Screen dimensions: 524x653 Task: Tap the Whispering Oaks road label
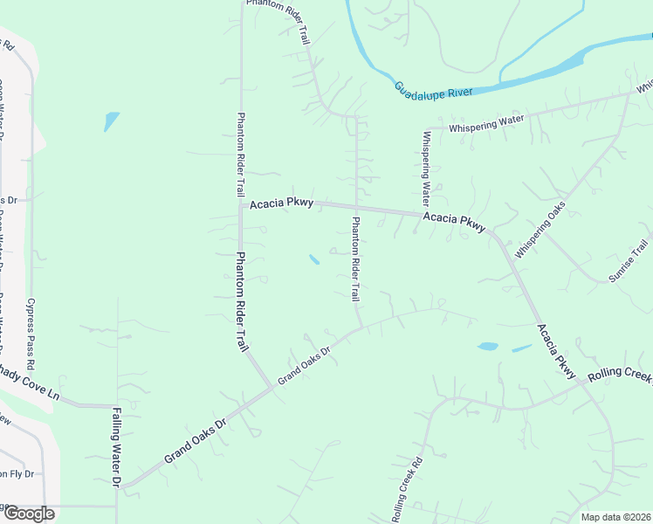click(x=540, y=229)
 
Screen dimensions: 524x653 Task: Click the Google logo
click(x=28, y=513)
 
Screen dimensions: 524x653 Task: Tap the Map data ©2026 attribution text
click(x=615, y=517)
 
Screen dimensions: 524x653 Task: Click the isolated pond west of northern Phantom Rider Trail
click(x=111, y=121)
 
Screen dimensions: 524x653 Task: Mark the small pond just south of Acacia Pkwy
click(x=313, y=259)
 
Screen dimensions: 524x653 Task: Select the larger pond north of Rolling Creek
click(x=488, y=347)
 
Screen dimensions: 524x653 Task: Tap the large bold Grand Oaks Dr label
click(x=196, y=438)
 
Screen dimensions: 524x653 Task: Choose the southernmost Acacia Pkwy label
click(x=557, y=352)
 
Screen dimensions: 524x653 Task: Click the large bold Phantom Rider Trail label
click(x=242, y=302)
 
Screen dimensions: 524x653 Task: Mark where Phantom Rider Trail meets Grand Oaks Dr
click(x=272, y=388)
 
